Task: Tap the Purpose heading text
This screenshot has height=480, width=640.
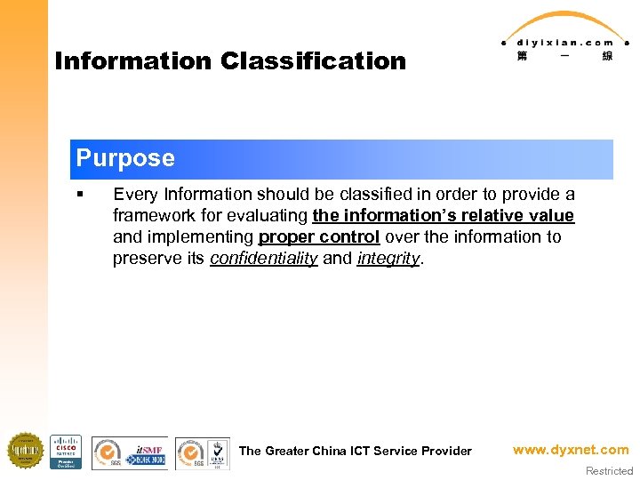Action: click(125, 158)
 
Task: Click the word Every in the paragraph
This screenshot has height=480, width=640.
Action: click(133, 194)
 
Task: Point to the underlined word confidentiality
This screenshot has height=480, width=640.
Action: click(264, 258)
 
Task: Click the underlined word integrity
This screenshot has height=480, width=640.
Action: click(388, 258)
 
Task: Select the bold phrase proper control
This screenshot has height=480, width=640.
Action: click(319, 236)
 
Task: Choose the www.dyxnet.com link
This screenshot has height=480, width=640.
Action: click(571, 450)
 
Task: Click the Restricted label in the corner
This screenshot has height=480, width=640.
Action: click(609, 471)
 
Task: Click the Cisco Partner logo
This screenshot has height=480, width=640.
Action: click(66, 452)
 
